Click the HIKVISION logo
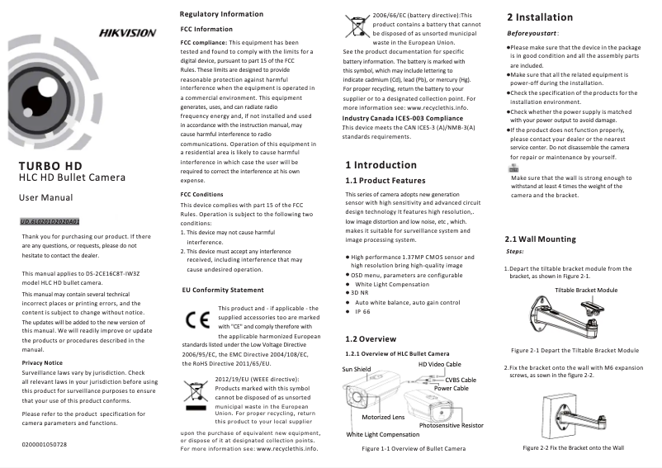pyautogui.click(x=127, y=33)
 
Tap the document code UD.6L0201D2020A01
pyautogui.click(x=50, y=222)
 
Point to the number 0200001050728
pyautogui.click(x=45, y=444)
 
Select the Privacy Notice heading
pyautogui.click(x=42, y=362)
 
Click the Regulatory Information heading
pyautogui.click(x=221, y=14)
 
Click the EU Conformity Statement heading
pyautogui.click(x=222, y=290)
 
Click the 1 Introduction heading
pyautogui.click(x=381, y=164)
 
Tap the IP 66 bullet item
pyautogui.click(x=362, y=313)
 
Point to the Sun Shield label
pyautogui.click(x=357, y=369)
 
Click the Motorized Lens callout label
pyautogui.click(x=383, y=418)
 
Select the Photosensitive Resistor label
pyautogui.click(x=451, y=425)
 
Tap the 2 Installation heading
pyautogui.click(x=539, y=17)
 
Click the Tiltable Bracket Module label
pyautogui.click(x=586, y=291)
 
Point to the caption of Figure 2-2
pyautogui.click(x=573, y=447)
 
